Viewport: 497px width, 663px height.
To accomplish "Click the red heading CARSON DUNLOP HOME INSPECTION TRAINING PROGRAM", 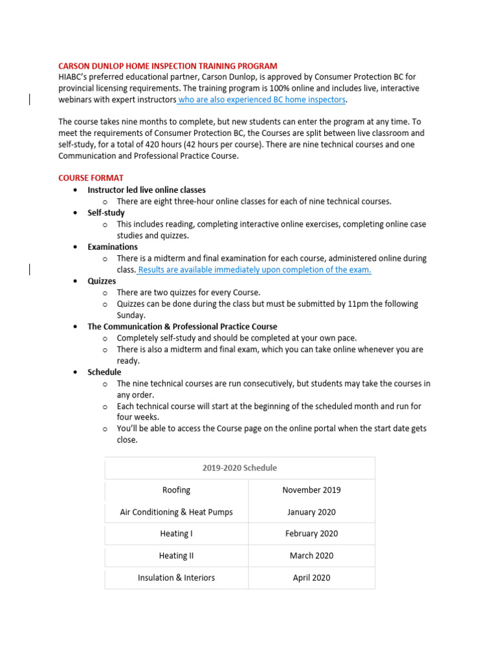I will coord(168,66).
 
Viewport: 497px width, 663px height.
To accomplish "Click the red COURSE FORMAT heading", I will coord(91,178).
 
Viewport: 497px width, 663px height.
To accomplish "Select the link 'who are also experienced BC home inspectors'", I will coord(262,100).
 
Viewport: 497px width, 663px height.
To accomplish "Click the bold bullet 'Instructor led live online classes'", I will coord(146,190).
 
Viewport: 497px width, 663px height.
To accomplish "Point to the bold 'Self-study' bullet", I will coord(106,213).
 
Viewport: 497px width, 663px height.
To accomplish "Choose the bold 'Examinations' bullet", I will coord(113,247).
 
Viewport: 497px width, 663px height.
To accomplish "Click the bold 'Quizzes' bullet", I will coord(102,281).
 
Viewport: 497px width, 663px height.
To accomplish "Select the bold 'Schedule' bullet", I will coord(104,372).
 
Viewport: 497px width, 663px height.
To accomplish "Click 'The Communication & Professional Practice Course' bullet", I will coord(182,327).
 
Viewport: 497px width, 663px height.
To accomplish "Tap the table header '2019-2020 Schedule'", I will coord(239,468).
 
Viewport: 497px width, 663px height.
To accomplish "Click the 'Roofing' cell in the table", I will coord(176,490).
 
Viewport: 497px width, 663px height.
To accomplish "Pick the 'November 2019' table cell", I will coord(311,490).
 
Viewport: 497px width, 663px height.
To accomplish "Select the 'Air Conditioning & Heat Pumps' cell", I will coord(176,512).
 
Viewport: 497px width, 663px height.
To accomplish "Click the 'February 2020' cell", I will coord(311,534).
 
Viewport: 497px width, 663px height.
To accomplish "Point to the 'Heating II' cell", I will coord(176,556).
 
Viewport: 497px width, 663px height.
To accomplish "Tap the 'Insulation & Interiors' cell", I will coord(176,578).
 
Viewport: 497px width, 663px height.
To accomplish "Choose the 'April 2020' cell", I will coord(311,578).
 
